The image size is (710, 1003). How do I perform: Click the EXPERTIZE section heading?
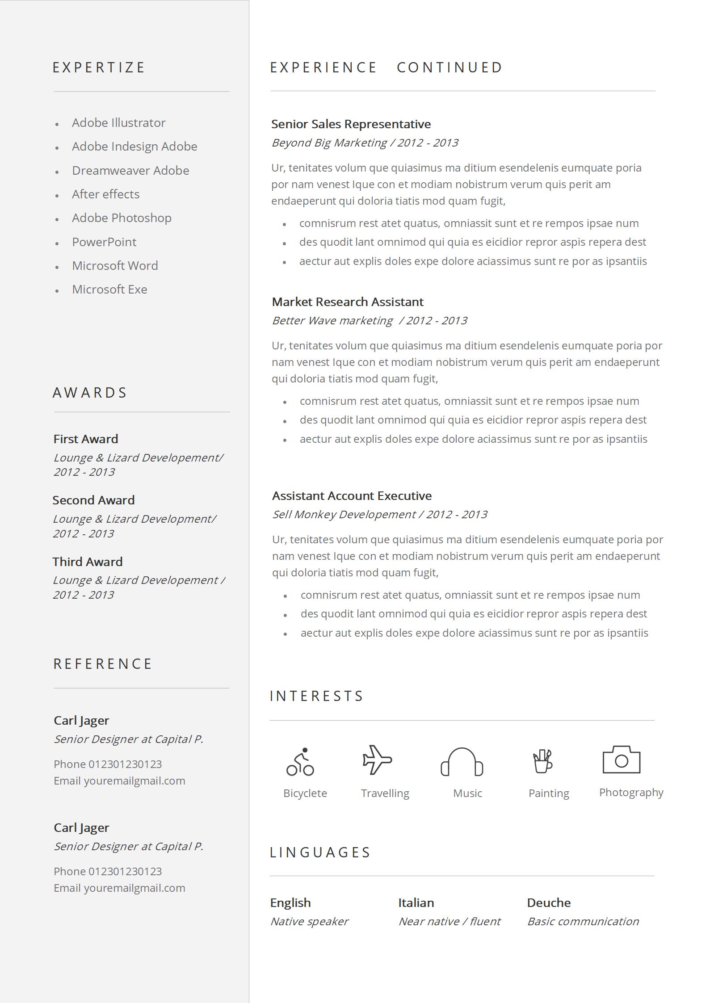[x=99, y=67]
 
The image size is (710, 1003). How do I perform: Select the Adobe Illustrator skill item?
[x=118, y=123]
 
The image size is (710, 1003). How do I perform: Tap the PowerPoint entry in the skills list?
[x=104, y=242]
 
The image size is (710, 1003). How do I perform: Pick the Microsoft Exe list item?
[x=109, y=290]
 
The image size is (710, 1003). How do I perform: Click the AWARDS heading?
[x=90, y=393]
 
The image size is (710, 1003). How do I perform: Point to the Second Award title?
[x=93, y=500]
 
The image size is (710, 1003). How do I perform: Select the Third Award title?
[x=88, y=562]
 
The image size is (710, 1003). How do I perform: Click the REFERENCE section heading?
[x=103, y=664]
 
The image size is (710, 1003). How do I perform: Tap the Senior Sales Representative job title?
[x=351, y=124]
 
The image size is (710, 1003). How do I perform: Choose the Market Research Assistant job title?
[x=348, y=302]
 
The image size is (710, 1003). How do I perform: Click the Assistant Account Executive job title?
[x=352, y=496]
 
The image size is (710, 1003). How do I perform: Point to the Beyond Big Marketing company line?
[x=365, y=143]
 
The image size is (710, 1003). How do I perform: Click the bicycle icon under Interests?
[x=300, y=762]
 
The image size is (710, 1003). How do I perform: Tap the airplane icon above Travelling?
[x=377, y=760]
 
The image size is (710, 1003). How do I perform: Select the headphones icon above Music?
[x=462, y=762]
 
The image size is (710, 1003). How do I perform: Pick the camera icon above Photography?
[x=621, y=760]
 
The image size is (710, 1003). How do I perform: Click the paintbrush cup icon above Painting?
[x=543, y=761]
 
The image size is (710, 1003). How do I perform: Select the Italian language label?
[x=416, y=903]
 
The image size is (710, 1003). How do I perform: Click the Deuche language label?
[x=549, y=903]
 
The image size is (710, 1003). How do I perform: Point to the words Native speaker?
[x=309, y=922]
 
